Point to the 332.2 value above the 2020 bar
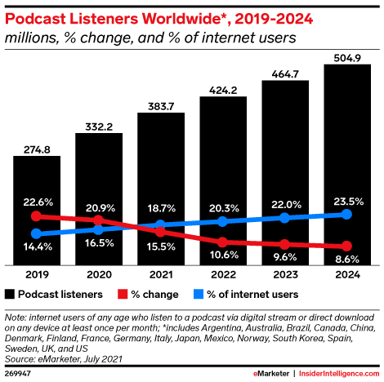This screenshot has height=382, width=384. (98, 124)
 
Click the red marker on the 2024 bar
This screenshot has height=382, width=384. (347, 247)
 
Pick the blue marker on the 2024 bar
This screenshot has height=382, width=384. (347, 214)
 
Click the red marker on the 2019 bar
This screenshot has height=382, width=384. (36, 216)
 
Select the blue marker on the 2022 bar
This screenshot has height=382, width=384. (223, 221)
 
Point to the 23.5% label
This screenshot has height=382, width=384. (347, 198)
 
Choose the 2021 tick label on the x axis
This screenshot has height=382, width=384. (161, 273)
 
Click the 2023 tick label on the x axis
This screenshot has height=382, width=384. (285, 273)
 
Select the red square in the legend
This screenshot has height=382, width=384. (123, 293)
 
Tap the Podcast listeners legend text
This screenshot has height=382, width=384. (62, 293)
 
